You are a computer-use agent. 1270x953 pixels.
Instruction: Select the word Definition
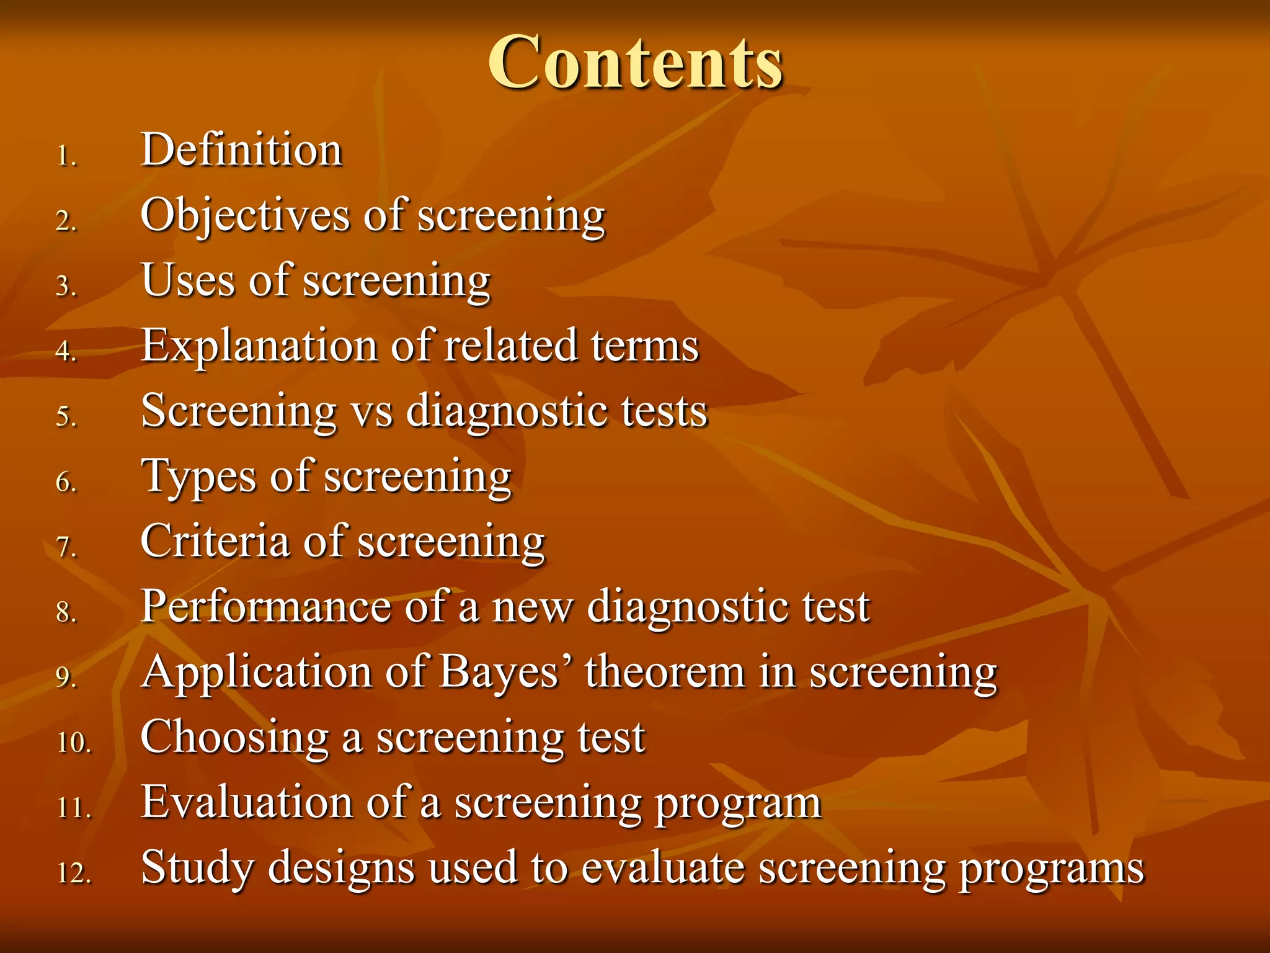point(241,150)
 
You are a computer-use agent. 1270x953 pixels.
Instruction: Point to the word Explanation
point(259,346)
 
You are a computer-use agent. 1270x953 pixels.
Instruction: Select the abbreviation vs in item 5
point(372,411)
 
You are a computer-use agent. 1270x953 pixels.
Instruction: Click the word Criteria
point(215,541)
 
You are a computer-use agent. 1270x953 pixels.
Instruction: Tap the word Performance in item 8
point(265,607)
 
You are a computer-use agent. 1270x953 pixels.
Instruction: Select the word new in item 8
point(532,607)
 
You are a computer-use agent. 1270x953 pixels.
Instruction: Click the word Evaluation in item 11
point(247,803)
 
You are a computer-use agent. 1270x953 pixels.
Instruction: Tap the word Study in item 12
point(198,868)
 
